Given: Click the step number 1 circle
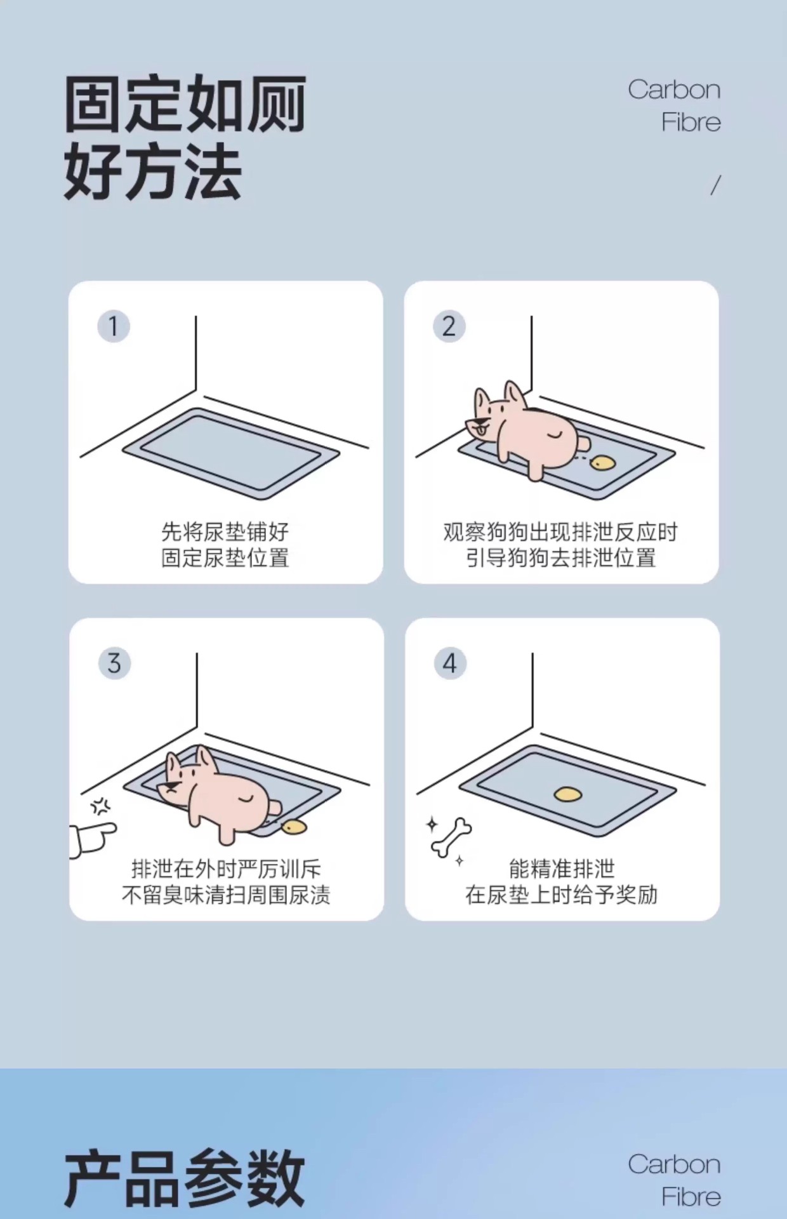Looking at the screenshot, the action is (x=114, y=326).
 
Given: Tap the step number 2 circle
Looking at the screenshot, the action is (x=449, y=326).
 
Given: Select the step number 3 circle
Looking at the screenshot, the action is (x=114, y=663).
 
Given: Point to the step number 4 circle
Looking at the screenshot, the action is (x=450, y=663).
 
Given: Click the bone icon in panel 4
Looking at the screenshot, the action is (x=451, y=837).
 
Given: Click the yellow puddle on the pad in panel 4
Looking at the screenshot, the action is (x=568, y=794).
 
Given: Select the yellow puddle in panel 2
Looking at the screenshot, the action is (x=602, y=463).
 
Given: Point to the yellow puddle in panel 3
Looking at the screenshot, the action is (x=294, y=827).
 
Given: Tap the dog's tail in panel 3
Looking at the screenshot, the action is (x=275, y=808).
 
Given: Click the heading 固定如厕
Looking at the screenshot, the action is (x=185, y=104).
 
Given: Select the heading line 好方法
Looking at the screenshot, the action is (x=153, y=171).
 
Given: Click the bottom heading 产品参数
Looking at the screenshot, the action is (x=185, y=1178).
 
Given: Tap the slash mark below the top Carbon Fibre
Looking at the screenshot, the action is (x=715, y=185).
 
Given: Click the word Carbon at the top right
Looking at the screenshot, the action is (x=674, y=90).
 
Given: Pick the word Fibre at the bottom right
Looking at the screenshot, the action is (x=691, y=1197).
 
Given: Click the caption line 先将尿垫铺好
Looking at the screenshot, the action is (x=225, y=531).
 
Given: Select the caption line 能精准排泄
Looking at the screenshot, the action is (x=562, y=869).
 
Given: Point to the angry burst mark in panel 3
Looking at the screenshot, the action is (x=100, y=807).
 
